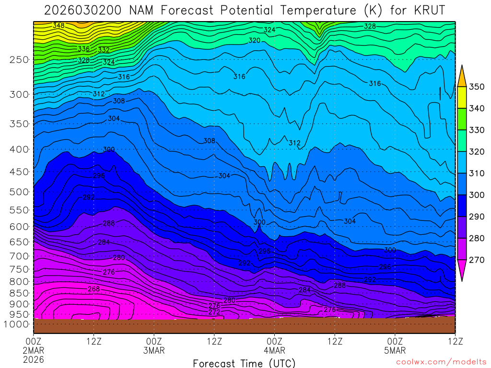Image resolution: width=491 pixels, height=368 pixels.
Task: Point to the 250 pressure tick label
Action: (x=19, y=59)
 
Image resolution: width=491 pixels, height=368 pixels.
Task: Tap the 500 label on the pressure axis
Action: (x=19, y=192)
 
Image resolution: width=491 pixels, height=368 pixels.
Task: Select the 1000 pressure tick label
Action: (x=17, y=324)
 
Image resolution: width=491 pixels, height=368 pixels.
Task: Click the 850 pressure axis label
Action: (x=19, y=293)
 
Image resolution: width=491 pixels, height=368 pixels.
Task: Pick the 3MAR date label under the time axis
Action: (x=154, y=350)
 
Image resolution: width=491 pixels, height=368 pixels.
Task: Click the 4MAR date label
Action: (x=274, y=350)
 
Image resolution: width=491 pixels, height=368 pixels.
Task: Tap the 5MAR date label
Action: (x=395, y=350)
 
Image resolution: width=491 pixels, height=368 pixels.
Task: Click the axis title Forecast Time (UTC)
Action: (x=244, y=363)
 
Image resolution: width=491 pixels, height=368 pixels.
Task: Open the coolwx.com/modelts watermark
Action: (x=441, y=362)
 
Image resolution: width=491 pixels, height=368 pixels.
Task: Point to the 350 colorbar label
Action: (x=476, y=87)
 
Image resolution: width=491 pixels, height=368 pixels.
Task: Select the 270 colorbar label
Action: (x=476, y=260)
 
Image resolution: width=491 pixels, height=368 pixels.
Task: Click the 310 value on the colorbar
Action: (x=476, y=173)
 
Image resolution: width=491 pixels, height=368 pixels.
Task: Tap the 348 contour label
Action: (x=58, y=25)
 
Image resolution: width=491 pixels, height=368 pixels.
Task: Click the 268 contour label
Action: (x=94, y=289)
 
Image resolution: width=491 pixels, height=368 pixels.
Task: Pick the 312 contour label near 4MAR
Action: (x=294, y=143)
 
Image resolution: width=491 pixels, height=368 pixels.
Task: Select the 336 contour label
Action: (x=83, y=49)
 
